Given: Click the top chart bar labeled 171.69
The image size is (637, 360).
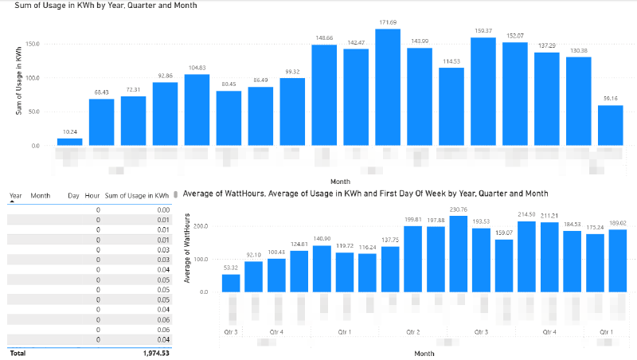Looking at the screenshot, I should (388, 88).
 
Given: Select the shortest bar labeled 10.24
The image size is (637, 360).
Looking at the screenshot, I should (69, 142).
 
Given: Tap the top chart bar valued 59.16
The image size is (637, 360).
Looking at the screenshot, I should (610, 126).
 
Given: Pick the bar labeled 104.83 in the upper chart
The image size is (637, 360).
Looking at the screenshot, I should (197, 110).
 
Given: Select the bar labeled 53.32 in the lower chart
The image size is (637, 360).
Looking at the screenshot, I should (230, 283).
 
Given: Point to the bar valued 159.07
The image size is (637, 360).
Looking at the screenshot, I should (503, 266).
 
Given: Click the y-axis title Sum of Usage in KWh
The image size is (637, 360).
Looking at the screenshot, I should (18, 80).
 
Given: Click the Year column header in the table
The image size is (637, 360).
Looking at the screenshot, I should (16, 194).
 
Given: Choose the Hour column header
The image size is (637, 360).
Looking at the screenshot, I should (92, 194).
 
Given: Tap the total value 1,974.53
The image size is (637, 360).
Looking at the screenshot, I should (158, 351).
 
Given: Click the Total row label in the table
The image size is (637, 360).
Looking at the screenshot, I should (17, 351).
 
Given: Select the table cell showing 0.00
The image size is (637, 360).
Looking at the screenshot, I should (163, 209).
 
